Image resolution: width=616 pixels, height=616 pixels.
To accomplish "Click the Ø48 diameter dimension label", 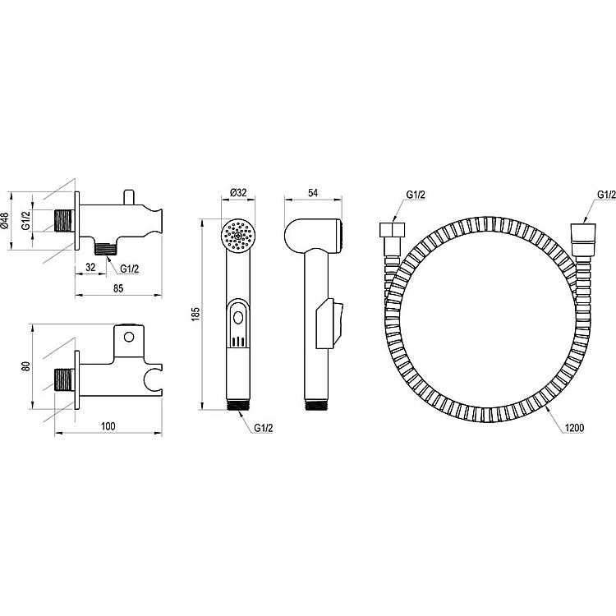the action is pos(4,221).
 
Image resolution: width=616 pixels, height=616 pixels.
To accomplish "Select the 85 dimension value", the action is pos(118,288).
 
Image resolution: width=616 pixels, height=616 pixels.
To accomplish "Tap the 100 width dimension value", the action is pos(108,426).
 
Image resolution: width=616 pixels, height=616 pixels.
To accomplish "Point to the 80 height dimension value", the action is pos(26,366).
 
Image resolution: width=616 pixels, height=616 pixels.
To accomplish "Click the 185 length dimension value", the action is pos(195,314).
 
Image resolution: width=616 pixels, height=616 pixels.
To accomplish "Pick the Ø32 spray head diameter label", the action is pos(238,192).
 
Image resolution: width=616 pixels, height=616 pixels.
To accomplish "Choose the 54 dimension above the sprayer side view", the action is pos(313,193).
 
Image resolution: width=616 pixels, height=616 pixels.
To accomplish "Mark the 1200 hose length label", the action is pos(574,427).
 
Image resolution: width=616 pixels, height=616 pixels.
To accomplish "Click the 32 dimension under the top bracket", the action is pos(90,267).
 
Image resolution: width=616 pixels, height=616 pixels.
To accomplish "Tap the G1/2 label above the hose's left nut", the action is pos(416,195).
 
